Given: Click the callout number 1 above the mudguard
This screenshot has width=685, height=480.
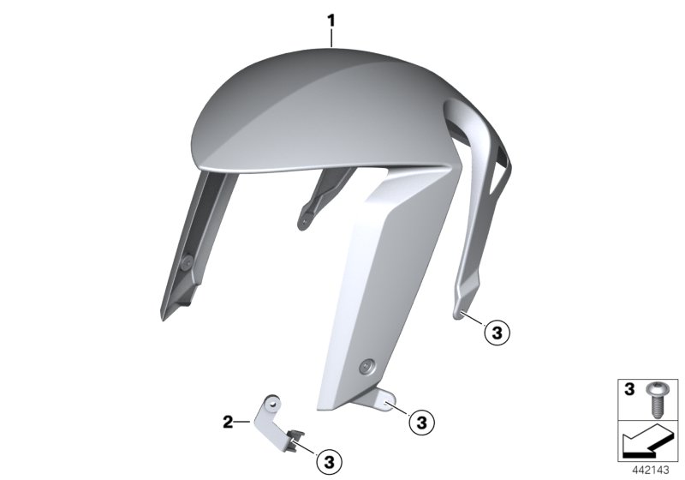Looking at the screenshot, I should coord(333,16).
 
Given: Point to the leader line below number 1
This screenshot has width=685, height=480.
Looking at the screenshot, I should coord(333,35).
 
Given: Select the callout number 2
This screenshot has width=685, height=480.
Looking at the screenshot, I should coord(228,421).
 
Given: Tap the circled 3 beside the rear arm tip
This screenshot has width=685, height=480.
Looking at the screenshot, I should coord(497,331).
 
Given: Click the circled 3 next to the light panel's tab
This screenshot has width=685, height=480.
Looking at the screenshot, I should coord(420,421).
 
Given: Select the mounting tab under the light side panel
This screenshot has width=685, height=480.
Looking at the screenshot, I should coord(384,399).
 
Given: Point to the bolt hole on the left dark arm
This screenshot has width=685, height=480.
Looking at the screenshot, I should coord(186,261).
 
